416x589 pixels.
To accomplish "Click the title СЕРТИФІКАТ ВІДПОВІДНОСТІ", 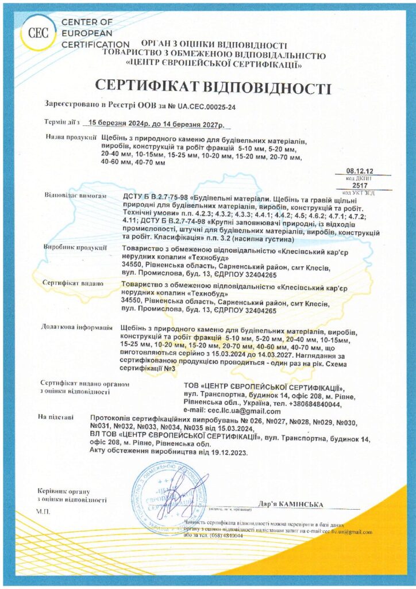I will [213, 87].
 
